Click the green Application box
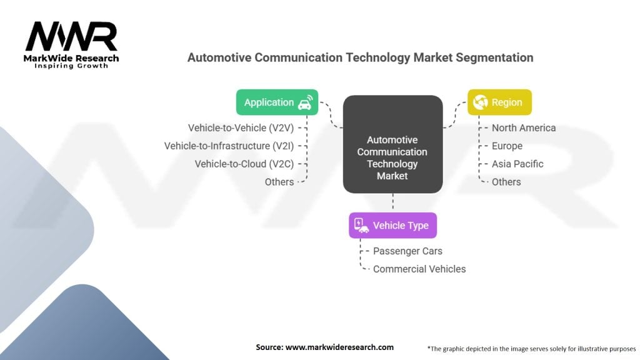click(277, 102)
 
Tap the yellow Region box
click(499, 102)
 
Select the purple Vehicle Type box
click(392, 226)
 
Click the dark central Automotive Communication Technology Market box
click(392, 144)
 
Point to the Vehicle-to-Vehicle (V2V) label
click(241, 127)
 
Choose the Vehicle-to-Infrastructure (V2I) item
click(229, 146)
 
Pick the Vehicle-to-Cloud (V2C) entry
click(244, 164)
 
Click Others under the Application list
click(279, 182)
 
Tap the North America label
click(523, 127)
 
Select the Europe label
click(507, 146)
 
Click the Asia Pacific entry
click(517, 164)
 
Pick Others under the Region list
click(506, 182)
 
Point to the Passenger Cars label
click(407, 251)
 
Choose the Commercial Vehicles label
click(419, 269)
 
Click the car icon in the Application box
click(305, 103)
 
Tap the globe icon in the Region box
click(481, 102)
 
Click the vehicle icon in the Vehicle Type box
click(361, 226)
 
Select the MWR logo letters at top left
click(71, 37)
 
